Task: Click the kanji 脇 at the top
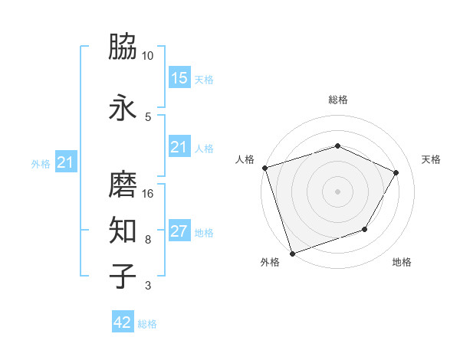[123, 47]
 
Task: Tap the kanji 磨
[123, 185]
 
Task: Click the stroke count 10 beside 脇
[148, 56]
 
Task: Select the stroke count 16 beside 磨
[148, 193]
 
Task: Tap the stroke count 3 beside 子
[147, 286]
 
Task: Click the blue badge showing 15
[179, 77]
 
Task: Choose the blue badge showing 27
[179, 231]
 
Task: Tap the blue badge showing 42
[123, 322]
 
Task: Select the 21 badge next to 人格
[179, 147]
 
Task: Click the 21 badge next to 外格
[66, 162]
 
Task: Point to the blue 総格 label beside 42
[147, 324]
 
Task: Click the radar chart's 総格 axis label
[338, 100]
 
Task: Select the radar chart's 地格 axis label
[402, 263]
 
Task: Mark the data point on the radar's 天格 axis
[396, 172]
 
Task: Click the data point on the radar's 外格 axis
[292, 253]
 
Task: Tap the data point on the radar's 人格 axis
[264, 168]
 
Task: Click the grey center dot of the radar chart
[337, 191]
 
